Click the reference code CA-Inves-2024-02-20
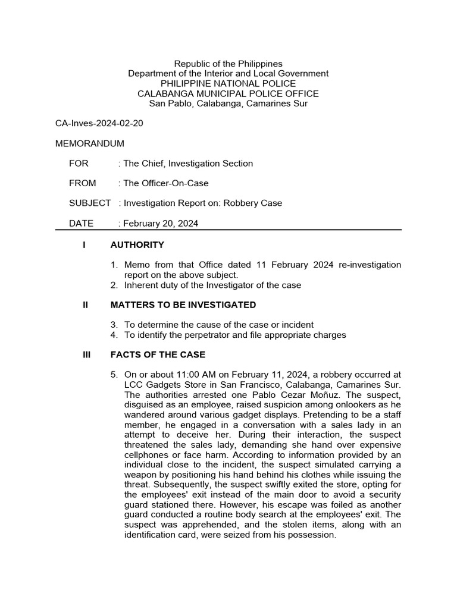click(99, 124)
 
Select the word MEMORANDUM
click(90, 143)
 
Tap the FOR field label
click(78, 164)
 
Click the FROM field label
click(82, 183)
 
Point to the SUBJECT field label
click(90, 203)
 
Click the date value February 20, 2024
click(161, 223)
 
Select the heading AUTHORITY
click(137, 245)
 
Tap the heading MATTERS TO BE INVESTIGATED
click(183, 305)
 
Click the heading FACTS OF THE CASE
click(158, 355)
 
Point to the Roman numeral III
click(87, 355)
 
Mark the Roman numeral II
click(86, 305)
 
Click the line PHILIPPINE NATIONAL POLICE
click(228, 83)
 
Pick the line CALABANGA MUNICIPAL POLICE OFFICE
click(228, 93)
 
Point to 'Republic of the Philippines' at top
click(228, 64)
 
